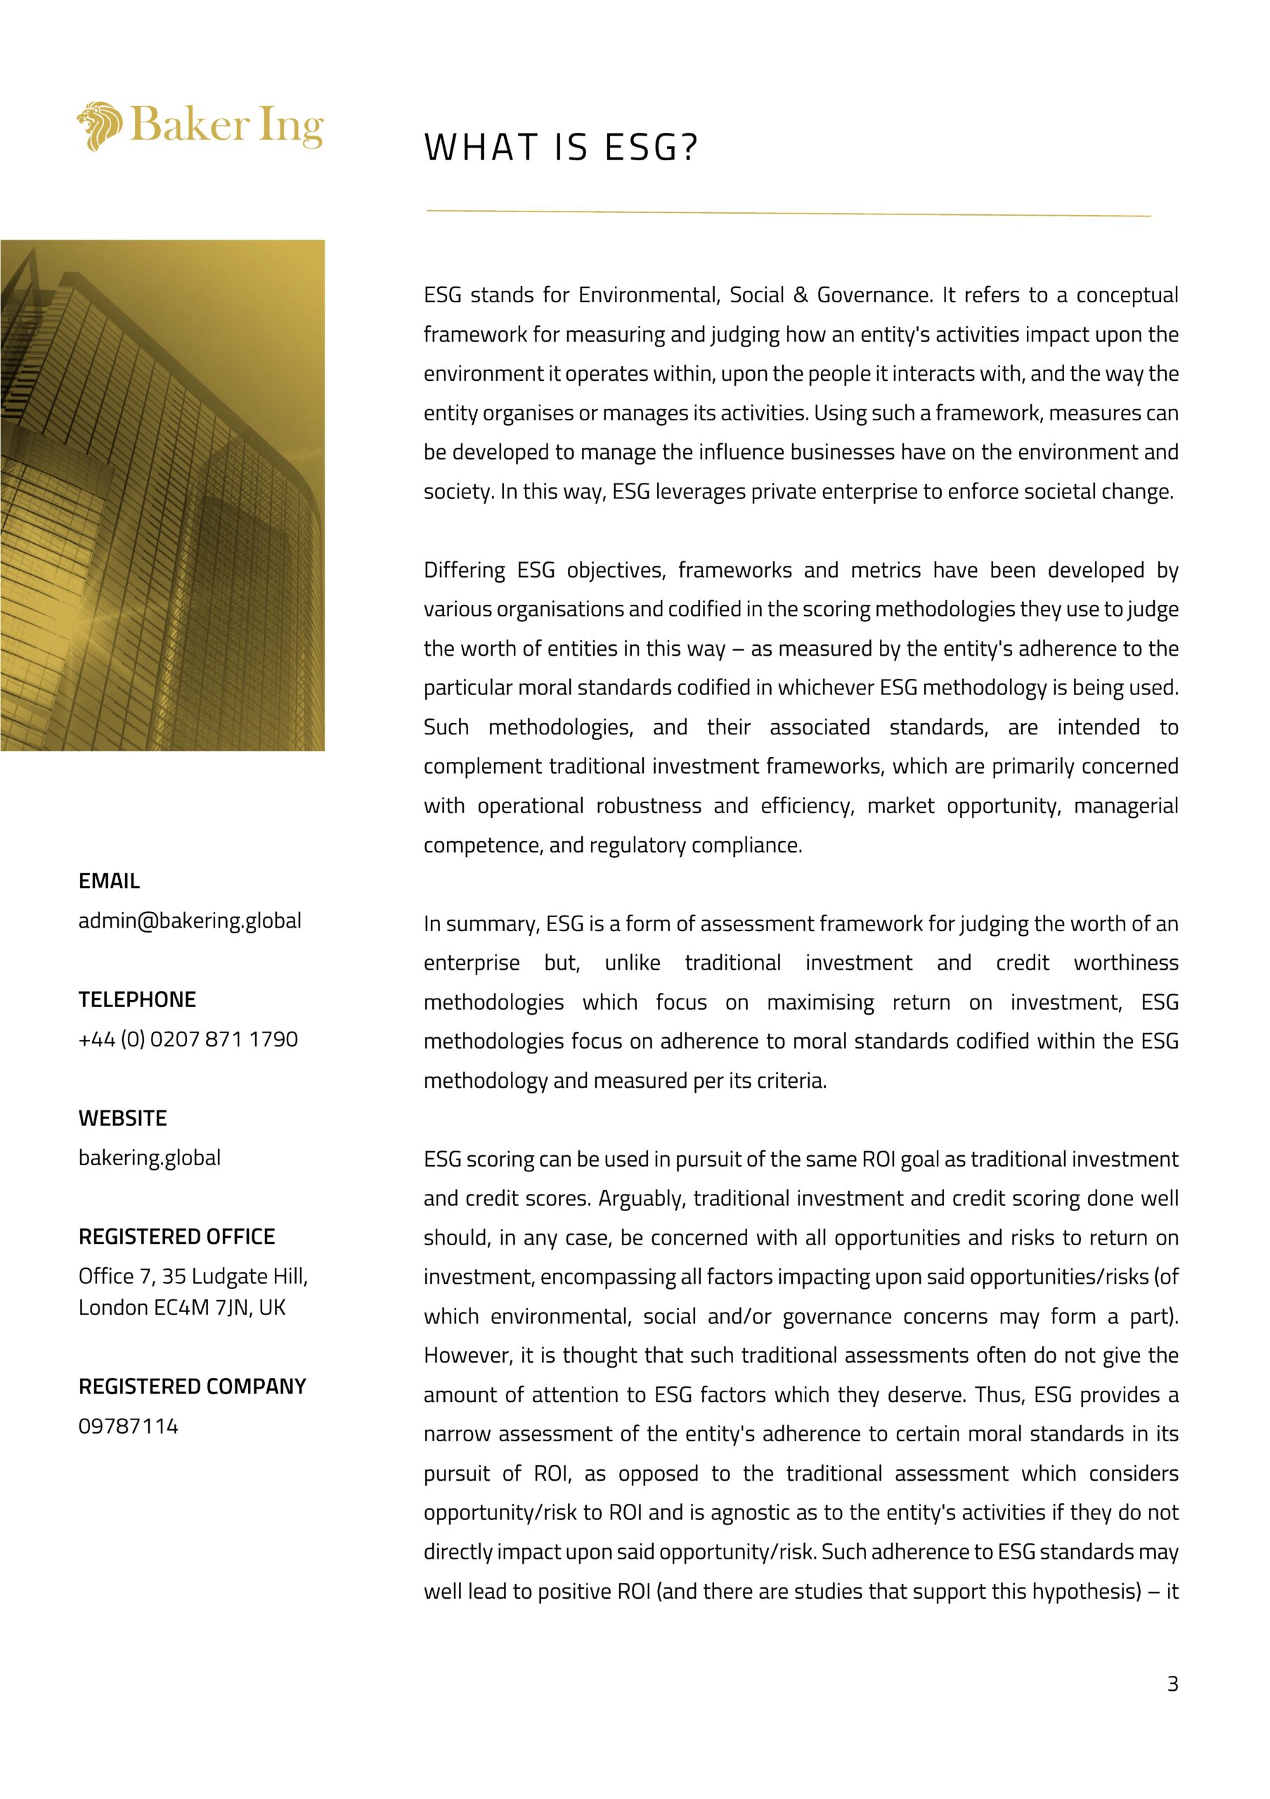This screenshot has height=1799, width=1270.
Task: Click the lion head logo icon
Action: click(100, 125)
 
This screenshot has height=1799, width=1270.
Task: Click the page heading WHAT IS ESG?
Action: click(560, 148)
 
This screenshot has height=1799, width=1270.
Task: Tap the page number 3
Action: click(1172, 1683)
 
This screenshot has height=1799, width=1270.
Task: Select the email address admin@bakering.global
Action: click(190, 921)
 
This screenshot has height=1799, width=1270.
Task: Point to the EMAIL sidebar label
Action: click(109, 881)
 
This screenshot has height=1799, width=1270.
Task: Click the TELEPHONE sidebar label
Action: click(137, 999)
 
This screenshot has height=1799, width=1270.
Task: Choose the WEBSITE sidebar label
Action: click(122, 1118)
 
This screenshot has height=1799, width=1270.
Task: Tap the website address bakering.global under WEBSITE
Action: click(150, 1157)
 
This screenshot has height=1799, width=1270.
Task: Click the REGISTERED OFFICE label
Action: click(176, 1236)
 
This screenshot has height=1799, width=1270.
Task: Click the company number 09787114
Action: click(129, 1425)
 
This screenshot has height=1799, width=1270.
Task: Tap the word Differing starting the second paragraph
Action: click(464, 571)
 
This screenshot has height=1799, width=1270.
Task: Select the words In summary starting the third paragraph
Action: click(481, 924)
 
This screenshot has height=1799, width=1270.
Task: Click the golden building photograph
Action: click(162, 495)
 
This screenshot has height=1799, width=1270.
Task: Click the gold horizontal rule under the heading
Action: click(788, 212)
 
